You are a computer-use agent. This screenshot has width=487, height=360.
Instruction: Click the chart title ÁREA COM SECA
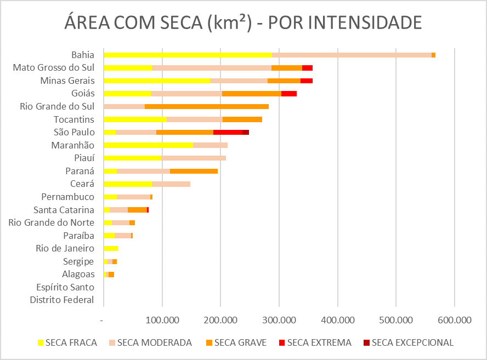point(243,23)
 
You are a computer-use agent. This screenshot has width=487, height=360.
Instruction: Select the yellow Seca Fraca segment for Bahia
point(188,55)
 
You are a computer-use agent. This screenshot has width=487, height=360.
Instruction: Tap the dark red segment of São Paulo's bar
point(246,132)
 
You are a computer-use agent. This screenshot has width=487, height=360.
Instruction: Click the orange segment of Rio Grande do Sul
point(207,106)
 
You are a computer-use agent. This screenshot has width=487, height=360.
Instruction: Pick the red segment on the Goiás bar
point(289,94)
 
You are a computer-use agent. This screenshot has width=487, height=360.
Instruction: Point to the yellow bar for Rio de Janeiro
point(111,248)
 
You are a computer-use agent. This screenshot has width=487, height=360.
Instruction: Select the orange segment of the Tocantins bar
point(242,119)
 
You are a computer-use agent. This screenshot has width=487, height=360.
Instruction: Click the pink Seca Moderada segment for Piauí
point(194,158)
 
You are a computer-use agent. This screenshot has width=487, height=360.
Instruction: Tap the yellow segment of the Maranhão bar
point(148,145)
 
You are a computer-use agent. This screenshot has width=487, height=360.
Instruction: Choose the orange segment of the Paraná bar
point(194,171)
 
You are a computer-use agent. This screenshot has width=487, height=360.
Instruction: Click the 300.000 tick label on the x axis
point(279,319)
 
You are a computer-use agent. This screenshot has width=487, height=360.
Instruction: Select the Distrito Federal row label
point(62,300)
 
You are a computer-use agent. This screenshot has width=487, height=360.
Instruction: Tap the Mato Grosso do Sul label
point(54,68)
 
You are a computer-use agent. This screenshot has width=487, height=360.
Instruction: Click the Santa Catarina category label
point(64,210)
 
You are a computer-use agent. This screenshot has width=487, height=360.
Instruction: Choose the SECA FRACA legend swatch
point(41,342)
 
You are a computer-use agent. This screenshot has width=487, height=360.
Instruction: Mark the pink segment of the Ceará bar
point(171,184)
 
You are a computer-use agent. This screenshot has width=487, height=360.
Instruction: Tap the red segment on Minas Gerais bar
point(307,81)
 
